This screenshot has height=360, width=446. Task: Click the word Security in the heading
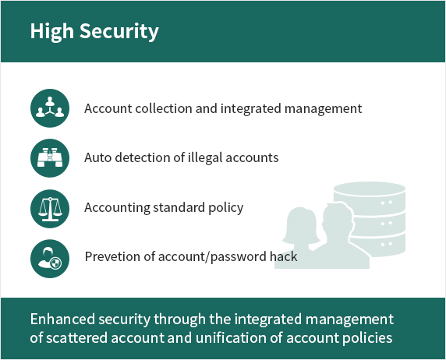pos(119,31)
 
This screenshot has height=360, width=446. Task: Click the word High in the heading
pos(51,31)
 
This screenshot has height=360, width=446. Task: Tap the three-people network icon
pos(50,108)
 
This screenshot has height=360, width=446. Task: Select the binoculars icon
pos(50,158)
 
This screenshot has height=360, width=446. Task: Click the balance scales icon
pos(50,209)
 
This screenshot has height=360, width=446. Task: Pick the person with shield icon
pos(50,259)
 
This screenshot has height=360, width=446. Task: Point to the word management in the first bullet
pos(323,109)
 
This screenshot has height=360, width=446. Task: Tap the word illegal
pos(205,158)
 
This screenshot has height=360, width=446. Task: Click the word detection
pos(143,157)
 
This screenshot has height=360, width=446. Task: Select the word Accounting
pos(117,208)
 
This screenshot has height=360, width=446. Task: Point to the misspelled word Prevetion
pos(112,256)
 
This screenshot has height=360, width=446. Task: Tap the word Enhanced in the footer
pos(62,319)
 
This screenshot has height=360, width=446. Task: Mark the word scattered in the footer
pos(76,338)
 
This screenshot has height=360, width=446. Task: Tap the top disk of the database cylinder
pos(370,189)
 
